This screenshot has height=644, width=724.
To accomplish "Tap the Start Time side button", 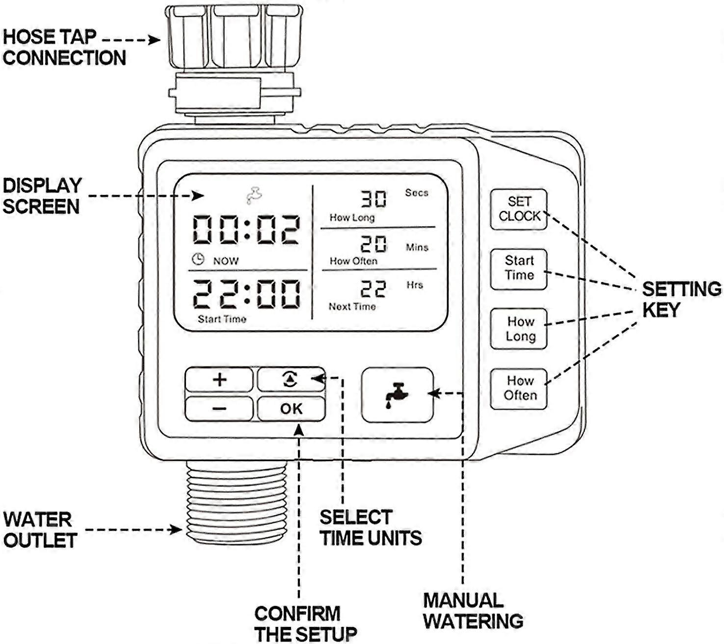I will click(519, 269).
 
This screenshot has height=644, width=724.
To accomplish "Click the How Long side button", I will click(519, 329).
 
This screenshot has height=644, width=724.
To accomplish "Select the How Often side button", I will click(519, 388).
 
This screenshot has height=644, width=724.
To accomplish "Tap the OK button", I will click(291, 409).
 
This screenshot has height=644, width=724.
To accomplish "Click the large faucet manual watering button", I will click(397, 394).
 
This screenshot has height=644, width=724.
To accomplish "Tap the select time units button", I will click(291, 379).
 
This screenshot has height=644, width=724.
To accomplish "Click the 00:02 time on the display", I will click(245, 230).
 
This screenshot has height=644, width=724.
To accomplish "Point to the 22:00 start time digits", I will click(245, 294).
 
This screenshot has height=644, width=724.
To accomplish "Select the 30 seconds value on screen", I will click(374, 199).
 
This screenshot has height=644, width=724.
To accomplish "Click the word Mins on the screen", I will click(417, 248).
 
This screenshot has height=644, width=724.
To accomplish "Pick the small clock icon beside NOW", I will click(198, 259).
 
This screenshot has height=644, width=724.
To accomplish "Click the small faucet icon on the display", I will click(254, 195).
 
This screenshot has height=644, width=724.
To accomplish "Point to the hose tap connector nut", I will click(234, 37).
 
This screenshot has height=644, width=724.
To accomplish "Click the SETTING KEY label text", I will click(681, 299).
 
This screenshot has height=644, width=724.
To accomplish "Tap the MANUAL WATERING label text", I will click(472, 611).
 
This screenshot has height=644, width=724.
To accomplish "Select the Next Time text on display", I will click(352, 307).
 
